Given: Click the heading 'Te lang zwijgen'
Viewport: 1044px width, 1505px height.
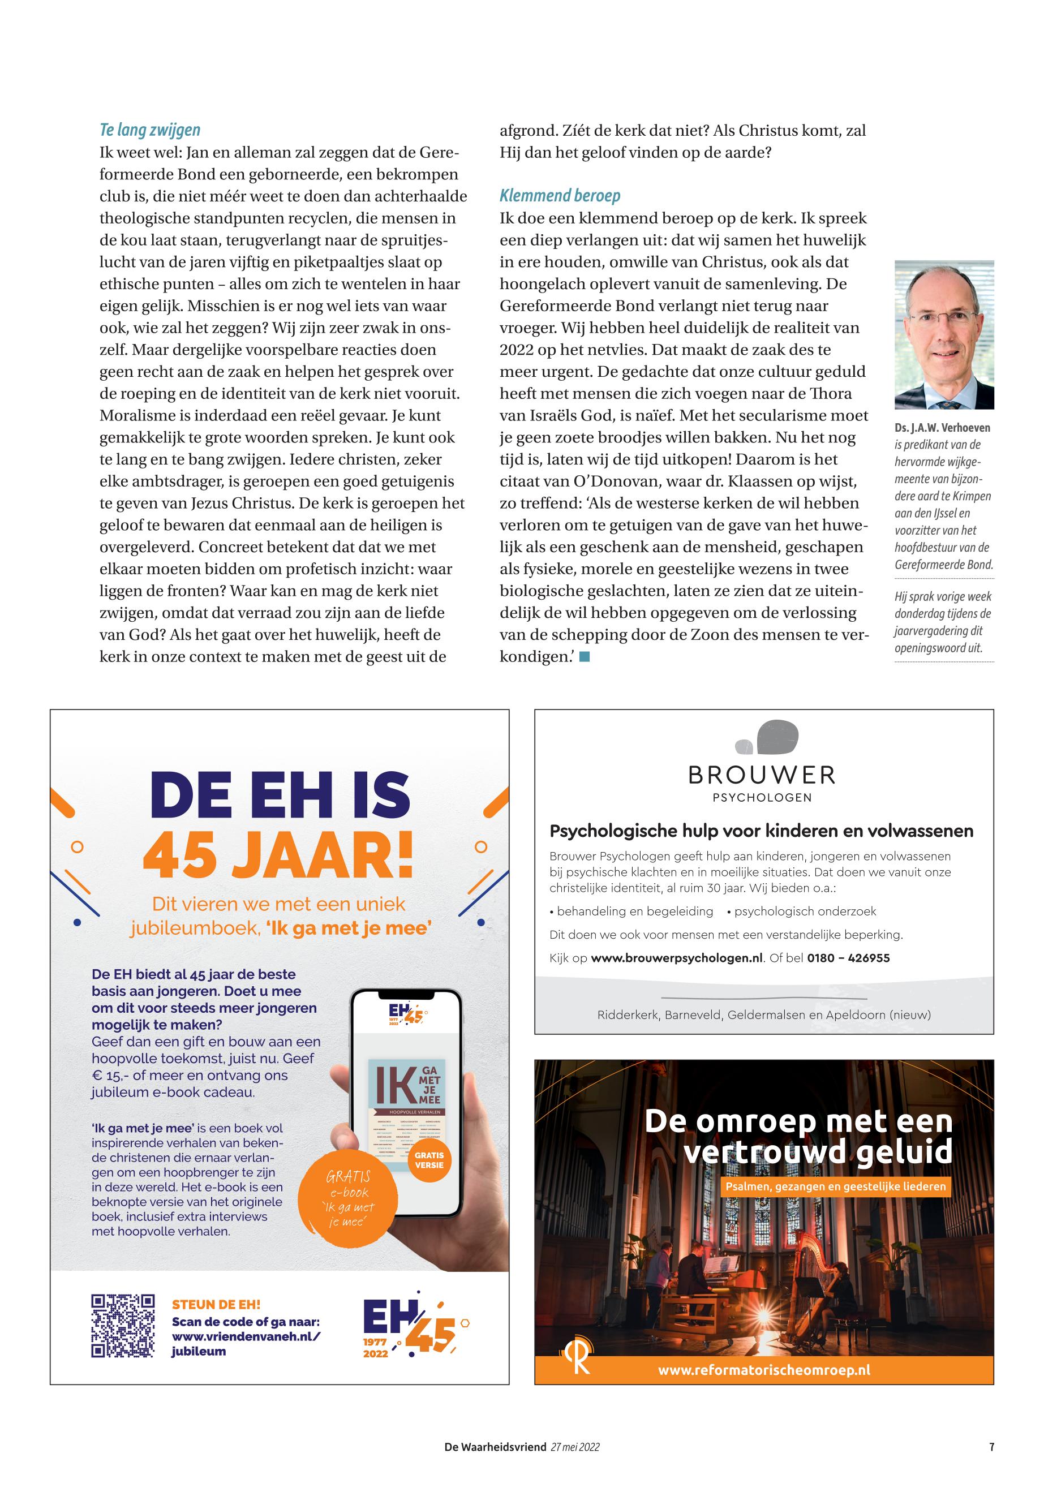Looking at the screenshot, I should [x=150, y=130].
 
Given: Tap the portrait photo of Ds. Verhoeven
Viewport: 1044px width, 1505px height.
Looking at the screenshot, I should [x=943, y=334].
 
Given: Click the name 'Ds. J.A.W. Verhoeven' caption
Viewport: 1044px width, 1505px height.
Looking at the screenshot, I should [x=942, y=428].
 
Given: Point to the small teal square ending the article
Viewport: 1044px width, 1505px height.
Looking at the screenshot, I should [x=585, y=657].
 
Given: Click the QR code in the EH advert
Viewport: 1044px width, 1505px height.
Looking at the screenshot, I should [x=123, y=1326].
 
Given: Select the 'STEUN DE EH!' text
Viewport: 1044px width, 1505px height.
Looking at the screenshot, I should [x=216, y=1305].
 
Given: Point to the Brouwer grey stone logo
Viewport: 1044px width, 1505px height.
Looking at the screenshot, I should [x=767, y=737].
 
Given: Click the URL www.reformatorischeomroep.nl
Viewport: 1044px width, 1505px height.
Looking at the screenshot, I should [x=764, y=1370].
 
